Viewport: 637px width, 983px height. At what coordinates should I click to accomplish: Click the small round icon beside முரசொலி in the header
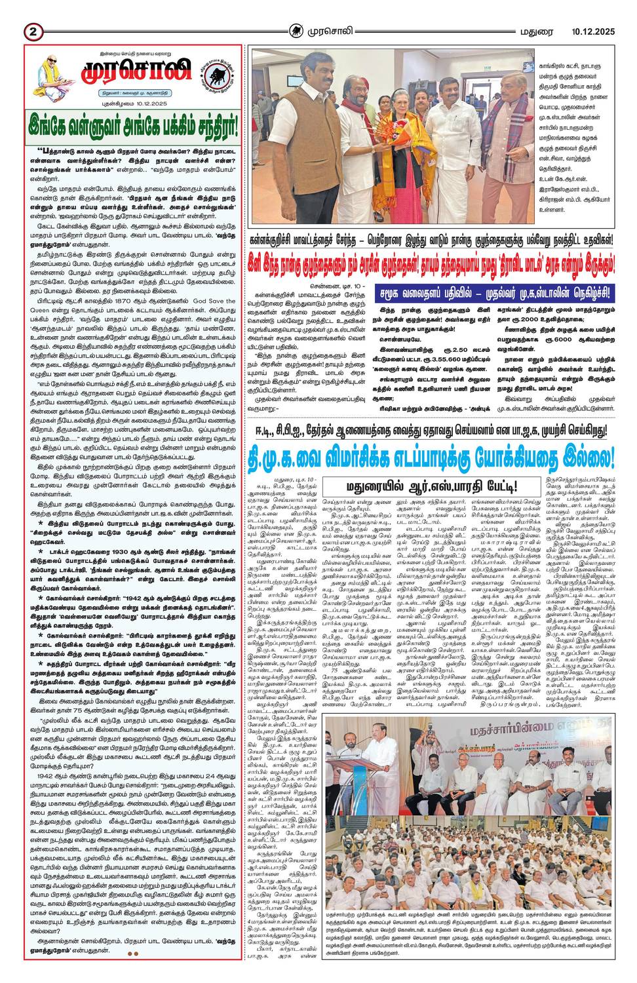297,30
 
